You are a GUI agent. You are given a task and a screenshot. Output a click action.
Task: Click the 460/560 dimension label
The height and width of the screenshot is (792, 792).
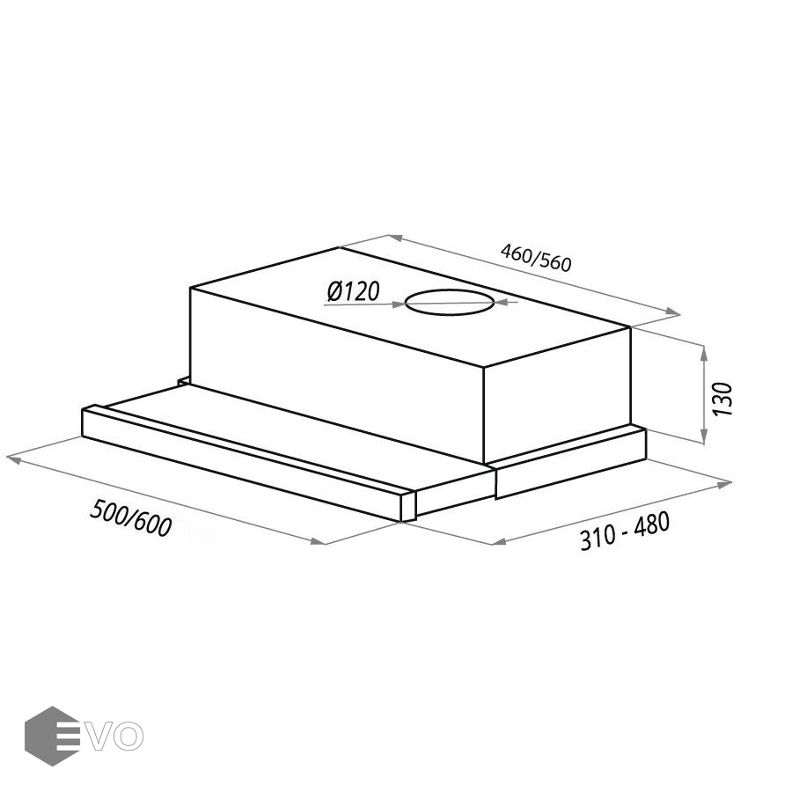(x=536, y=258)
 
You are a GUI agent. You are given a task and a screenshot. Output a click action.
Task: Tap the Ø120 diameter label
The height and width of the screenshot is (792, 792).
(x=353, y=291)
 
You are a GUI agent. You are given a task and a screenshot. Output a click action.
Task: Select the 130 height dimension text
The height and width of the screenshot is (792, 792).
(x=722, y=400)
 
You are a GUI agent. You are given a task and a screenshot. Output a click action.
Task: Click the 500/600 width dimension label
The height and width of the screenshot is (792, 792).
(x=131, y=517)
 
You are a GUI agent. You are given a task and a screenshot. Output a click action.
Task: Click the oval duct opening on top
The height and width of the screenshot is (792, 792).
(x=450, y=302)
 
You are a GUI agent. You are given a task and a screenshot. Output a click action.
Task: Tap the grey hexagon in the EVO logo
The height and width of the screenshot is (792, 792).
(x=52, y=736)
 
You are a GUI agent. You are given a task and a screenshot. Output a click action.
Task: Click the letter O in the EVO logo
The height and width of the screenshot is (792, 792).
(x=128, y=737)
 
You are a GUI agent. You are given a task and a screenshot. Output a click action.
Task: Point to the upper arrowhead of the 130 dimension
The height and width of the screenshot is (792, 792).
(x=704, y=353)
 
